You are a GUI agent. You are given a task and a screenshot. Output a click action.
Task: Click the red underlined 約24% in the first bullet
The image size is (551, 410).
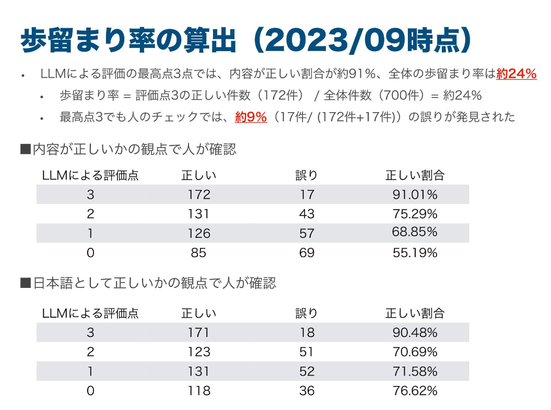click(517, 74)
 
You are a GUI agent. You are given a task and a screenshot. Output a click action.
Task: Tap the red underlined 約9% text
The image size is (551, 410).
click(251, 117)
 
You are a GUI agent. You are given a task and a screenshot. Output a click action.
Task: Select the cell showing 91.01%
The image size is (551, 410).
click(415, 195)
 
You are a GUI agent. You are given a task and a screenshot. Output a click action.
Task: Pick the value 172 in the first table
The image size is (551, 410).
click(199, 195)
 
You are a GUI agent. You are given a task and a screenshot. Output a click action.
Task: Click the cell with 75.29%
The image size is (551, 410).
click(415, 214)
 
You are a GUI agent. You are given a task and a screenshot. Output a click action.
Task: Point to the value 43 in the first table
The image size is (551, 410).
click(307, 214)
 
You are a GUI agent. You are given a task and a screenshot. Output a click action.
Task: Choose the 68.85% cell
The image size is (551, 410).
click(415, 232)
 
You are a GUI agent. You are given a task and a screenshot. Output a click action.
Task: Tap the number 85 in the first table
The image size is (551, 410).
click(199, 253)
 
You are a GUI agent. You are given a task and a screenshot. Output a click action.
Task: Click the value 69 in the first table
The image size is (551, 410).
click(307, 253)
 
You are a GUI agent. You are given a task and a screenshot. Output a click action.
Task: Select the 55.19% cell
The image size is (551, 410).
click(415, 253)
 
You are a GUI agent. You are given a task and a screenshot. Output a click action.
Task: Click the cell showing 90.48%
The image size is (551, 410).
click(415, 332)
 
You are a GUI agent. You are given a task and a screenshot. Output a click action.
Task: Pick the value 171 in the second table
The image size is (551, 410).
click(199, 332)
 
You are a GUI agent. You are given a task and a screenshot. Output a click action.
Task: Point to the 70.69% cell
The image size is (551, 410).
click(415, 352)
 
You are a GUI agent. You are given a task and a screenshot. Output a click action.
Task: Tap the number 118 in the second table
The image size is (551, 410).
click(199, 391)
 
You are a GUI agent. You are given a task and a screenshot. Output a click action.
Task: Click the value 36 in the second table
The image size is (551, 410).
click(307, 391)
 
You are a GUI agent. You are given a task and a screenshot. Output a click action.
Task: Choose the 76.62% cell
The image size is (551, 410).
click(415, 391)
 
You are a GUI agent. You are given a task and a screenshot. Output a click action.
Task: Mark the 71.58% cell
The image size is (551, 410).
click(415, 371)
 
